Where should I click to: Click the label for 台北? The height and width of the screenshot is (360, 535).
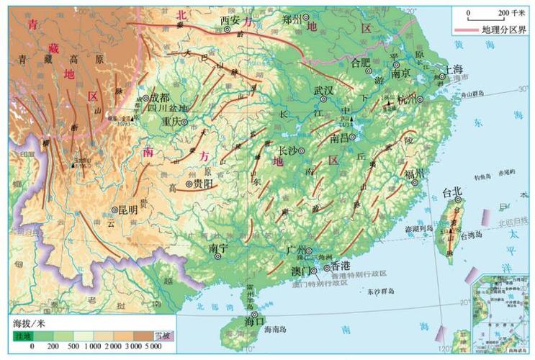451,192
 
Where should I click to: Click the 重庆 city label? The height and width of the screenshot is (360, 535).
174,121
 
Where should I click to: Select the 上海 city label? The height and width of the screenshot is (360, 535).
454,70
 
